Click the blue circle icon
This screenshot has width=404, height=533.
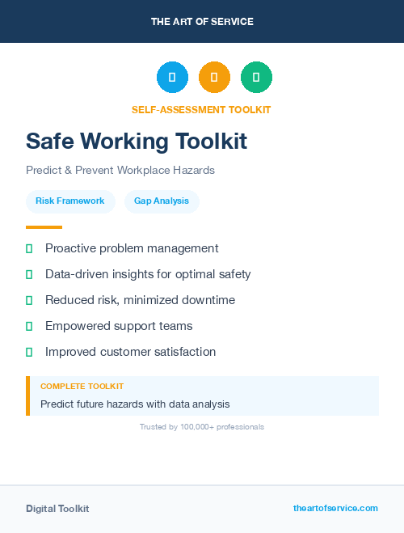[x=172, y=77]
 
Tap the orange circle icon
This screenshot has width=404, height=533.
[x=214, y=77]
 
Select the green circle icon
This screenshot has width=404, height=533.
[x=256, y=77]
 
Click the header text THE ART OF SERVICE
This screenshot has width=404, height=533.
[x=202, y=22]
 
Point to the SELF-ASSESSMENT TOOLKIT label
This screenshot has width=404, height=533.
[x=201, y=109]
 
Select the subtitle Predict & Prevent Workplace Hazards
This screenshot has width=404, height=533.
[x=120, y=171]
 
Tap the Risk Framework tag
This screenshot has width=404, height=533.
[x=70, y=201]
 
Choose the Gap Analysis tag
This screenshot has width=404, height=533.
[x=162, y=201]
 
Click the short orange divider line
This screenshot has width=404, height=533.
[x=44, y=227]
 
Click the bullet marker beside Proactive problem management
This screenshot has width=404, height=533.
[x=29, y=248]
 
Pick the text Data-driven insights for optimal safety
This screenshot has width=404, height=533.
[x=148, y=274]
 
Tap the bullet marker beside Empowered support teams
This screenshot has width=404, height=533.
[x=29, y=326]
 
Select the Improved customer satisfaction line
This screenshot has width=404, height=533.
[x=130, y=352]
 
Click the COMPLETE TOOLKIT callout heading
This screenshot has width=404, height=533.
[x=82, y=387]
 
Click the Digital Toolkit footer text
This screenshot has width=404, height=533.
[x=57, y=508]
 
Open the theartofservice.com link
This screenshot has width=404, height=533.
[x=335, y=508]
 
